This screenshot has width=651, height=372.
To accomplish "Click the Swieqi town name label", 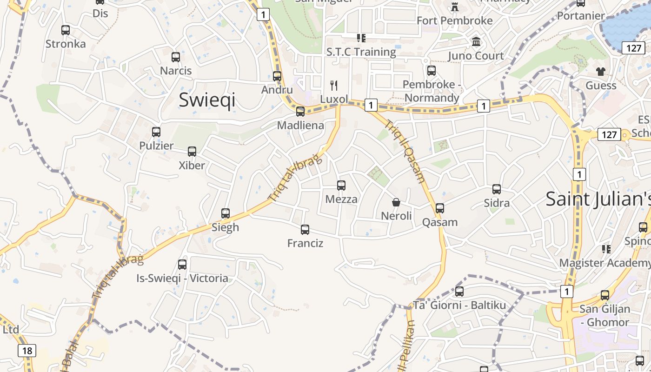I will tap(207, 100).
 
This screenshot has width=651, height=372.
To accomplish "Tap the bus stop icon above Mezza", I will tap(341, 186).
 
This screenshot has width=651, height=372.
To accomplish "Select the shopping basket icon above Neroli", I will tap(396, 202).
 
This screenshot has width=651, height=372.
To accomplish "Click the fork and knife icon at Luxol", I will tap(333, 85).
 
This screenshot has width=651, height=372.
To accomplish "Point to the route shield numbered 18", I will tap(27, 351).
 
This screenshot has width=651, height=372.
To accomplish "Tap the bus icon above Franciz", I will tap(305, 229).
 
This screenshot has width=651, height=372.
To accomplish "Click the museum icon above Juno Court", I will tap(476, 42).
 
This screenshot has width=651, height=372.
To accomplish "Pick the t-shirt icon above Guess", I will tap(601, 72).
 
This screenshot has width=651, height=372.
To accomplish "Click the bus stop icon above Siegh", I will tap(226, 213).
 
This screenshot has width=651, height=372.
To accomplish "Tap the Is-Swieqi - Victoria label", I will tap(182, 279).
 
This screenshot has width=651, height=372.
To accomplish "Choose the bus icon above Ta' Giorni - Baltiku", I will tap(459, 292).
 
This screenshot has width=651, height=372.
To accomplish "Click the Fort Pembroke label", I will tap(454, 20).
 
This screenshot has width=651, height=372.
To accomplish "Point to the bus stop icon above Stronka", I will tap(66, 30).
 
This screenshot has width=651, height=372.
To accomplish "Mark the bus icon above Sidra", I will tap(497, 189).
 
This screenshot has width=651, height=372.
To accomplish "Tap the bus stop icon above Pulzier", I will tap(156, 132).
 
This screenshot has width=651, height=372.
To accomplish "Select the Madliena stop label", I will tap(300, 125).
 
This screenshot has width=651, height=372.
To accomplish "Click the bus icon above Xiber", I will tap(192, 152).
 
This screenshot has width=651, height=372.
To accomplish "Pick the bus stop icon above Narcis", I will tap(176, 57).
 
